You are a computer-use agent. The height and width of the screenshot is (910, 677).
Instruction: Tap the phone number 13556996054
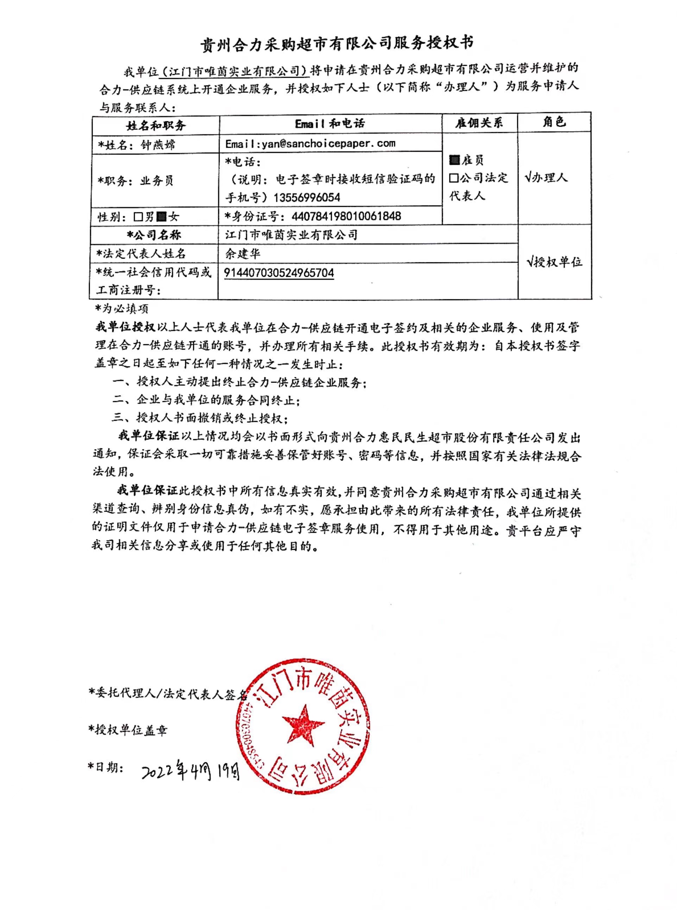[x=306, y=197]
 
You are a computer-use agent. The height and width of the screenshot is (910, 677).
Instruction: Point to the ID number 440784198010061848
[x=346, y=216]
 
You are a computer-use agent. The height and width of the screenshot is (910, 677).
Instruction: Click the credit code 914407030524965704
[x=279, y=273]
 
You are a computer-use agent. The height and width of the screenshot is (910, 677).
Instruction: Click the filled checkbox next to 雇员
[x=454, y=160]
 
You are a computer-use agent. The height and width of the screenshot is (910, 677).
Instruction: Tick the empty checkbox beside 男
[x=138, y=217]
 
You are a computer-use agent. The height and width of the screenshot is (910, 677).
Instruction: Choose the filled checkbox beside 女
[x=162, y=217]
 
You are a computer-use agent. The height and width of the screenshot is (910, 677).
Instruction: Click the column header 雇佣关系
[x=479, y=123]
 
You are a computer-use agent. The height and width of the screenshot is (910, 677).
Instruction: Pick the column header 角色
[x=554, y=122]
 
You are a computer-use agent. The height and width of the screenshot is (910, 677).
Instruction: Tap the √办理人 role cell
[x=546, y=177]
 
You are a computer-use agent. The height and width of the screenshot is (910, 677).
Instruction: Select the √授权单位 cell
[x=554, y=262]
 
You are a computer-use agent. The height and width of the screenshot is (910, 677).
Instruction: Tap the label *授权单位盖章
[x=128, y=730]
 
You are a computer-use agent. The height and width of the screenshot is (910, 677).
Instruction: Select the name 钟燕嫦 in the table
[x=158, y=145]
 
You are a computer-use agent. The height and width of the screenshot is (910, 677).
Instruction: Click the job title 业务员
[x=157, y=181]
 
